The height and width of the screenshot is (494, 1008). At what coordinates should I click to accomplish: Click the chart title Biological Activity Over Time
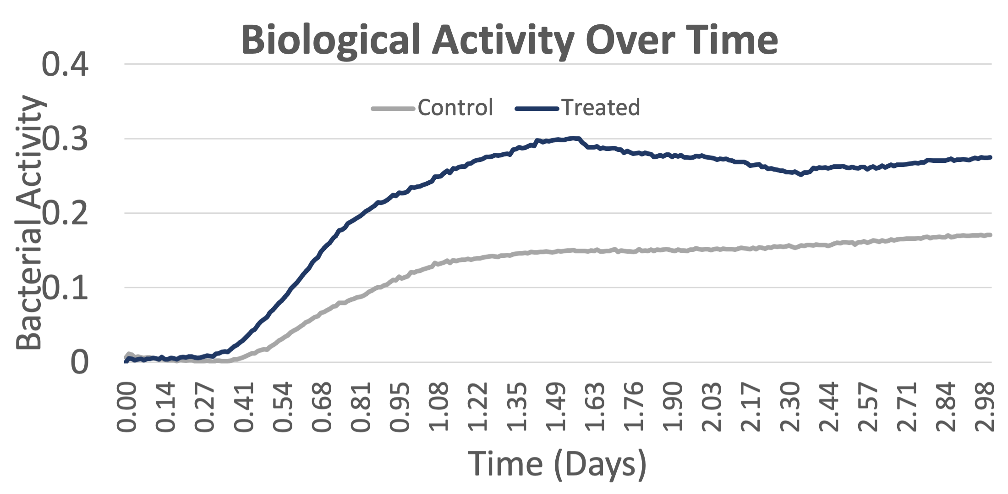[x=509, y=40]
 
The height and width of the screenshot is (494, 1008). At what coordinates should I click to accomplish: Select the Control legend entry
[x=433, y=108]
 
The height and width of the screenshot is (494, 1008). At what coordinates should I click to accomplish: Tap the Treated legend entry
[x=578, y=108]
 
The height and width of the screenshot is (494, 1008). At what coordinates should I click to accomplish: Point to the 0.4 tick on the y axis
[x=65, y=64]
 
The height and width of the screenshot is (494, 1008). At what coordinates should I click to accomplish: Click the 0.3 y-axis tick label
[x=65, y=139]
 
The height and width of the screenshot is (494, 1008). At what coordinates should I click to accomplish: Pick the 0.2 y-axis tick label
[x=65, y=213]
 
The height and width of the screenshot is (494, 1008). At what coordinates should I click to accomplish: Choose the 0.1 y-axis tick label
[x=65, y=288]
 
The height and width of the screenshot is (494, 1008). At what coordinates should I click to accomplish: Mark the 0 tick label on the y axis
[x=80, y=362]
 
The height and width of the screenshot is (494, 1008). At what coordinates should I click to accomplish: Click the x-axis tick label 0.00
[x=127, y=407]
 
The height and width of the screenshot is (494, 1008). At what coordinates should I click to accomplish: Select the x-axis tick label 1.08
[x=438, y=407]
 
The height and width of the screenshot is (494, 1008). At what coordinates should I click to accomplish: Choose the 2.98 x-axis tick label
[x=984, y=407]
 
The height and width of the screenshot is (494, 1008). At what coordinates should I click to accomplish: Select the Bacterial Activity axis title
[x=29, y=222]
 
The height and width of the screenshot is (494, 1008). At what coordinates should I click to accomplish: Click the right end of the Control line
[x=991, y=235]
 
